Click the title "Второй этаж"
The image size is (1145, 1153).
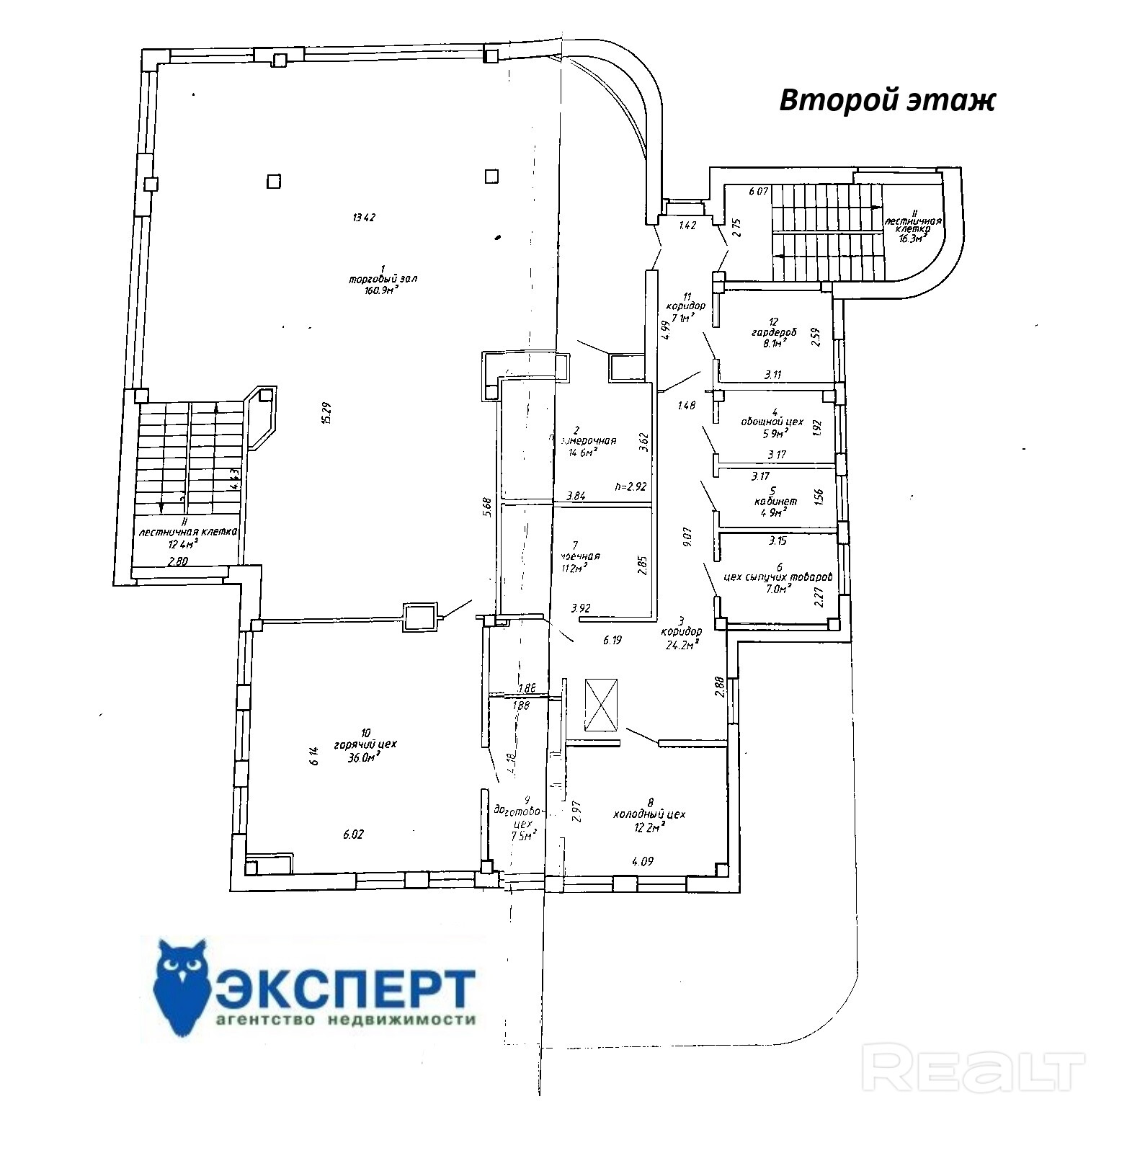[x=886, y=101]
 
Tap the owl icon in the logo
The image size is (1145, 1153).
[x=182, y=987]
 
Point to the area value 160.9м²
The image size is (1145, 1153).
[x=382, y=290]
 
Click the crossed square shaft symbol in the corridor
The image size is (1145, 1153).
[x=602, y=704]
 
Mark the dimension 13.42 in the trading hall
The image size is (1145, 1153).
[x=365, y=217]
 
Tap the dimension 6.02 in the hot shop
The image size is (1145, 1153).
[x=353, y=834]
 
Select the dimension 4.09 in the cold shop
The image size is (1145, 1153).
[x=643, y=860]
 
